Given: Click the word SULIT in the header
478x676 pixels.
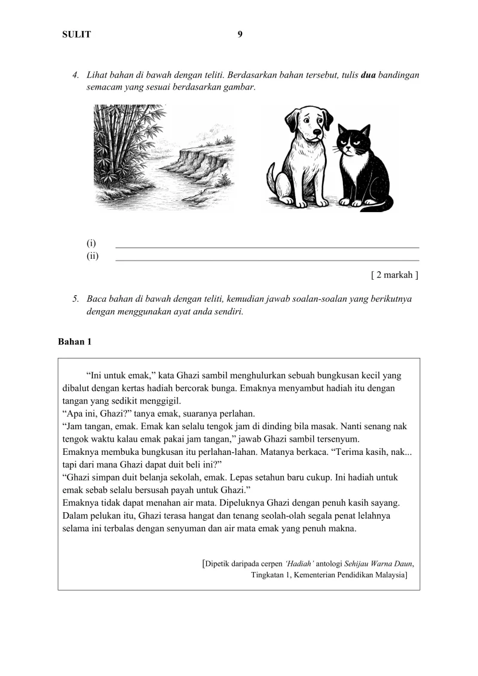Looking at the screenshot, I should point(76,35).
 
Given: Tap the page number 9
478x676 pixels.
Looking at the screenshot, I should point(240,34).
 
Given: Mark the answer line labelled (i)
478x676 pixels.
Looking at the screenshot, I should point(266,247).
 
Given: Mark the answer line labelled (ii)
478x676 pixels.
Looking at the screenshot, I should point(266,260).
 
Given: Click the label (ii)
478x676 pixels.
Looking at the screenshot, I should point(93,256).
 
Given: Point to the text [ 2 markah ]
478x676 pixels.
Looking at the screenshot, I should point(394,275).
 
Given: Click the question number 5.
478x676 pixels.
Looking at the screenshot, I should point(76,298).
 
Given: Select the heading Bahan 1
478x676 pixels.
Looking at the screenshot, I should point(75,342).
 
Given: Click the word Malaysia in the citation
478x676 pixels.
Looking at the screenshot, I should point(386,575).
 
